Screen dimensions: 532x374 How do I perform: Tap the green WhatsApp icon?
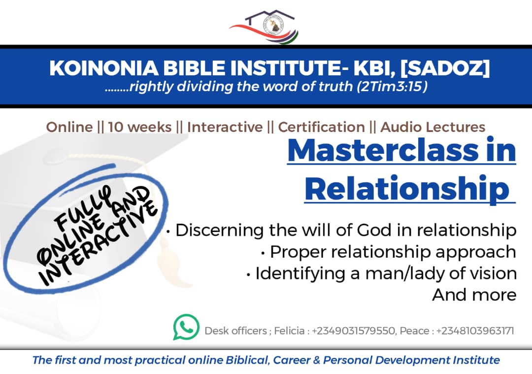186,327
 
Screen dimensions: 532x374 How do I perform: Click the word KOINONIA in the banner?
104,68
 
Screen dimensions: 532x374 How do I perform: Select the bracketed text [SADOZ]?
445,68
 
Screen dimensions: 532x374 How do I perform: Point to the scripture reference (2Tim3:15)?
392,87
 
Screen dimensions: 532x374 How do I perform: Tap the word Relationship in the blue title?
407,189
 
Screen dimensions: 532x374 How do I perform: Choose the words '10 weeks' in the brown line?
140,127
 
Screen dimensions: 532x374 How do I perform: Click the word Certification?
321,127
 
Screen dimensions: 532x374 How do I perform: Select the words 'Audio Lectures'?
432,127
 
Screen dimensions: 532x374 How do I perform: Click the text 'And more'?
474,295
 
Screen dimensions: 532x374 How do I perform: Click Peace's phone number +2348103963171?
475,331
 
